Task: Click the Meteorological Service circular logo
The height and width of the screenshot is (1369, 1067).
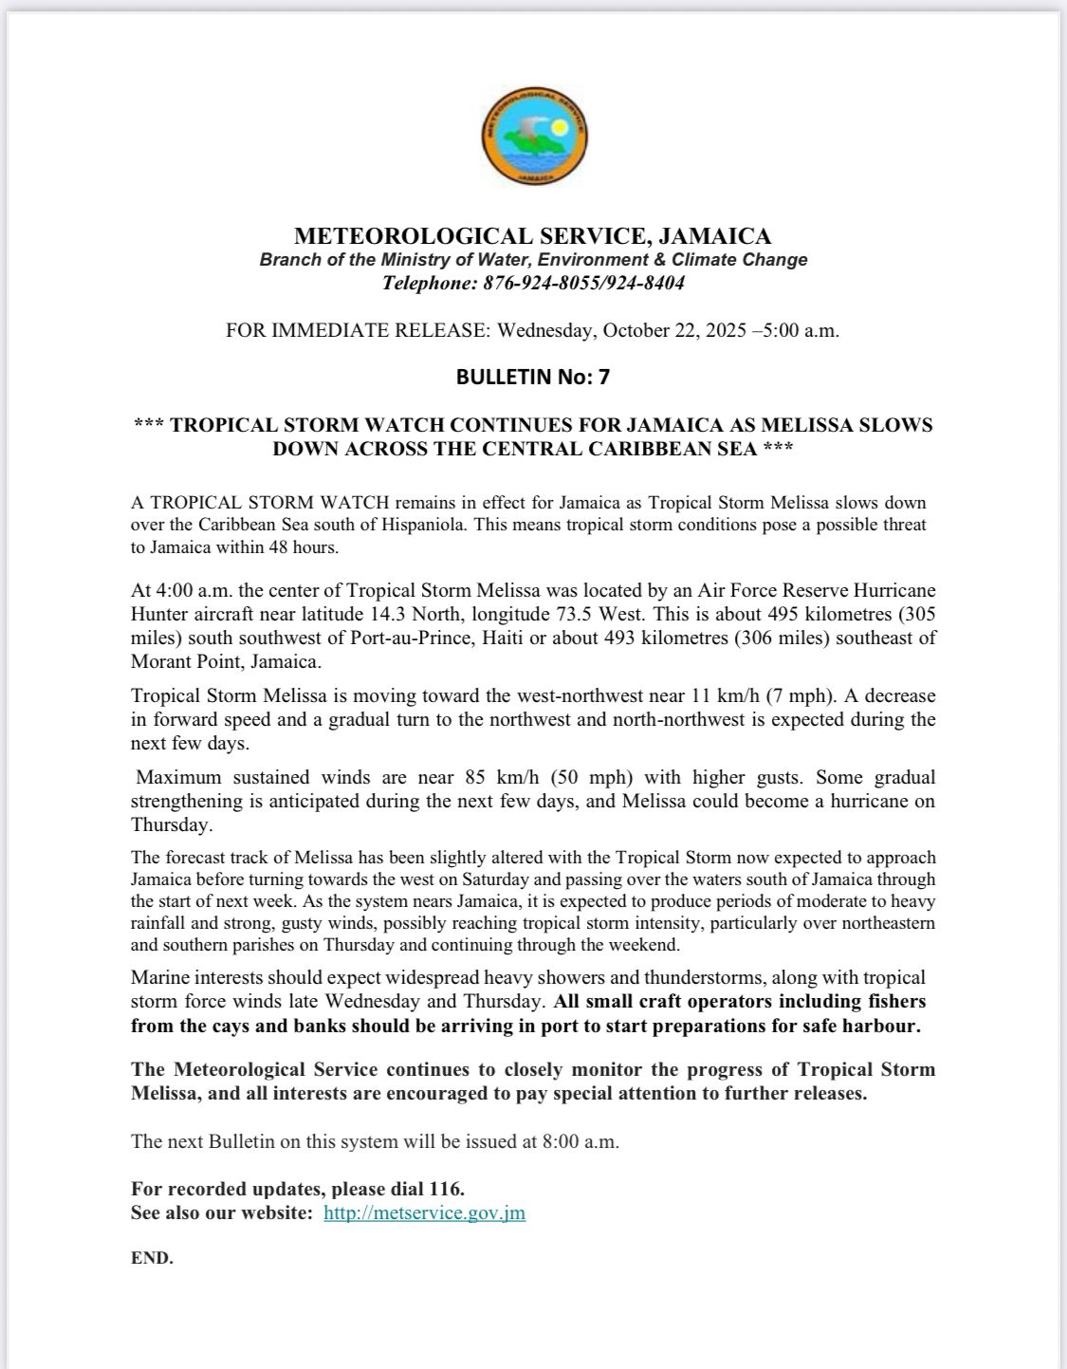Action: click(x=533, y=135)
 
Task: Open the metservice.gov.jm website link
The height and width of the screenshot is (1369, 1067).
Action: click(x=424, y=1212)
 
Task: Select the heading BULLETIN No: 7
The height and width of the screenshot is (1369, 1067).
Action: click(x=533, y=378)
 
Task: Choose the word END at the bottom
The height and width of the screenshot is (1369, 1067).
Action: click(x=152, y=1259)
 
